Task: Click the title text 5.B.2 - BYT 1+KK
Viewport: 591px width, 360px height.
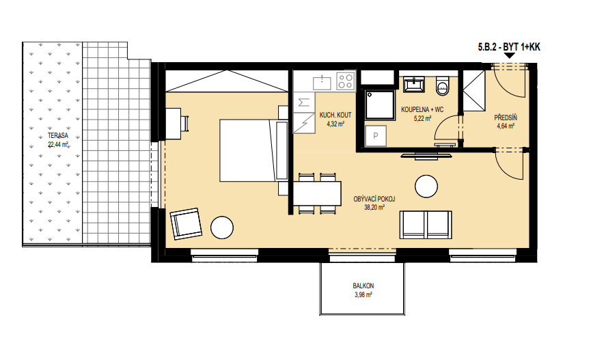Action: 509,47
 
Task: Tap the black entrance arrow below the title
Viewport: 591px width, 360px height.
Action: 510,56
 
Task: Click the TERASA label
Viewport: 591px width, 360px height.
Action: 58,136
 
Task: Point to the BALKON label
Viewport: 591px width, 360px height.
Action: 363,286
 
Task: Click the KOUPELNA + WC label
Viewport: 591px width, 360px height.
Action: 422,110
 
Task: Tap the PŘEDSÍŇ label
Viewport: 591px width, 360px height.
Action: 506,118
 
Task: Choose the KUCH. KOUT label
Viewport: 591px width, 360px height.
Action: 335,115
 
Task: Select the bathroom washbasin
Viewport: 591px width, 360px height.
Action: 414,84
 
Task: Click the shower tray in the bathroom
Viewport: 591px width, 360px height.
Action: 381,105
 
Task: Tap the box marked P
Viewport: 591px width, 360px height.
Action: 376,136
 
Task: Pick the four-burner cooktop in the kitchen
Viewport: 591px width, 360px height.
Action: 346,81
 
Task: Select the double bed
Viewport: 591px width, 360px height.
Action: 253,151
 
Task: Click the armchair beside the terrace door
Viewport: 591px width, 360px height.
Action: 186,223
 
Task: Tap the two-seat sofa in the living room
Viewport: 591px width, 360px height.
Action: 426,225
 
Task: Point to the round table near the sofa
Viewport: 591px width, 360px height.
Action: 426,186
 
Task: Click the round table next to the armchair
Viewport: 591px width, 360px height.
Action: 222,227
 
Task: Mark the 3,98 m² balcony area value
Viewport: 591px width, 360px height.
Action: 363,295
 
